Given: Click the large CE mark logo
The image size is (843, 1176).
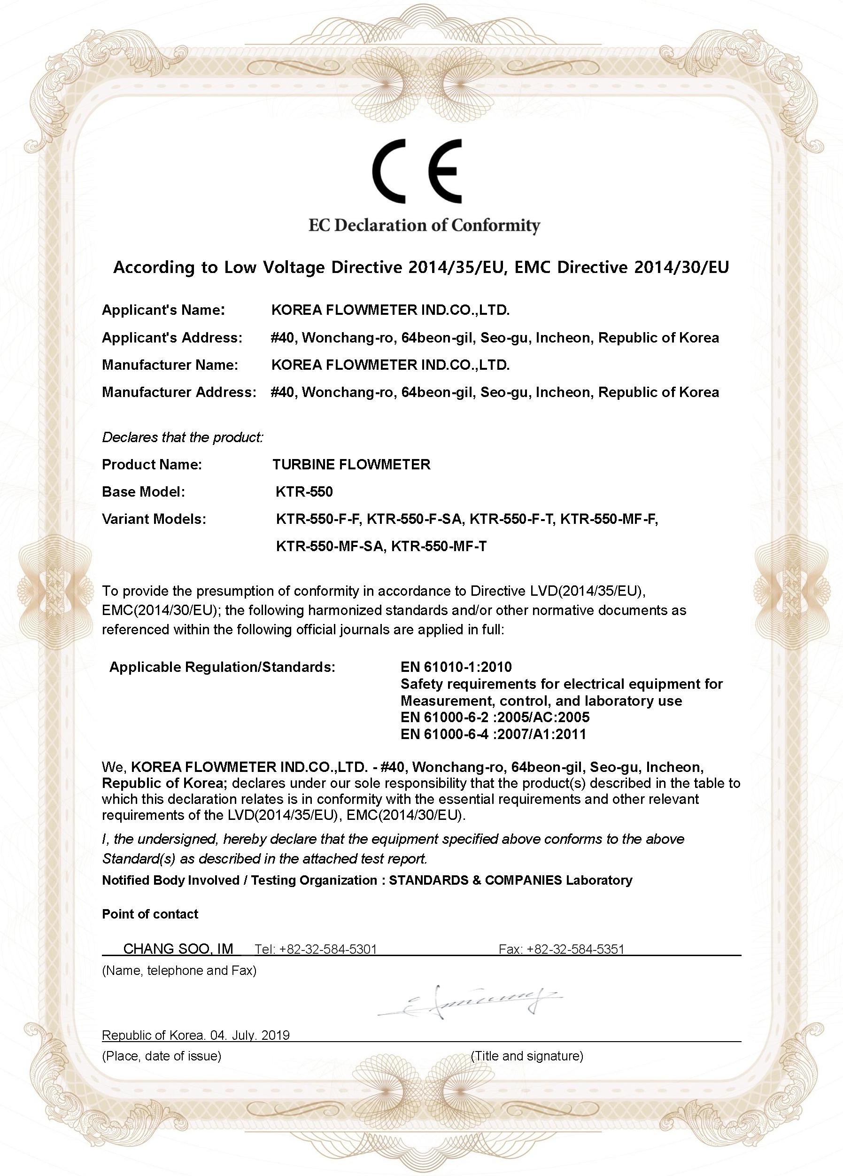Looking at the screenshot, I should coord(416,171).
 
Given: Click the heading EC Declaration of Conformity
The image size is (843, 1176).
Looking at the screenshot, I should coord(424,226).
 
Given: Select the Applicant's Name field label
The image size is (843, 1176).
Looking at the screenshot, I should coord(163,310).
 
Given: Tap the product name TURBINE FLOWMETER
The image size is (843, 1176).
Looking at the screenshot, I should coord(351,465).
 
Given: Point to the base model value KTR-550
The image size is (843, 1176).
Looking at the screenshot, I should coord(304,491).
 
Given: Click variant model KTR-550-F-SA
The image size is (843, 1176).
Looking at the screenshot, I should coord(414,519).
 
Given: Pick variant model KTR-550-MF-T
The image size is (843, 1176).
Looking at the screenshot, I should coord(439,546).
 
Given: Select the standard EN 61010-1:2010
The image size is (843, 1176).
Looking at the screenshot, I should coord(456,667).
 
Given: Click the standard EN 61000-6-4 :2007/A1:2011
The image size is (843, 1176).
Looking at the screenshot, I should coord(493,734).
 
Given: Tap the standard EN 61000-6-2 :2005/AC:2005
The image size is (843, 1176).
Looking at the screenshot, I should coord(495,717).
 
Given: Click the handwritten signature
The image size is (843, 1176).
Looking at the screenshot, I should coord(469,1001).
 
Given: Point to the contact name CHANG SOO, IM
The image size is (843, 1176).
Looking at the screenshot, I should coord(178,949).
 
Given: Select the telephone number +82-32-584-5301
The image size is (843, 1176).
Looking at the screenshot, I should coord(328,950).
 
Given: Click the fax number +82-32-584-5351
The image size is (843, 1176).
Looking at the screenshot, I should coord(575,950).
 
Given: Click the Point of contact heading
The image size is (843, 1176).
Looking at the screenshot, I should coord(150,914).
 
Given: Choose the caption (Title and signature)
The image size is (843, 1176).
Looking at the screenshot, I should coord(527,1056).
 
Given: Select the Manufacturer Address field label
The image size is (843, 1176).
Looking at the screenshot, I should coord(179,392).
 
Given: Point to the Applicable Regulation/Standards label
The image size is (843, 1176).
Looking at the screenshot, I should coord(223,667).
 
